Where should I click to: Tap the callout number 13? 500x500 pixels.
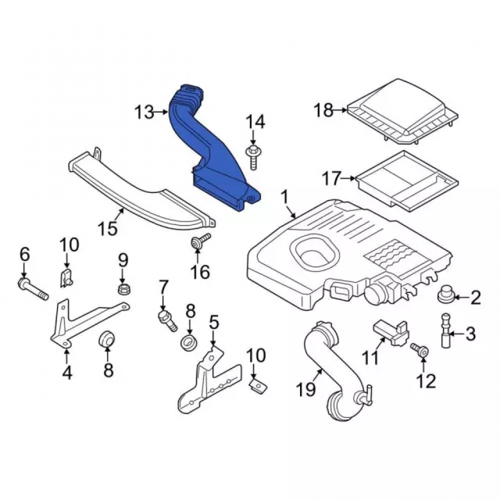pyautogui.click(x=144, y=112)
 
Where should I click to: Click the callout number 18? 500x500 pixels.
pyautogui.click(x=323, y=110)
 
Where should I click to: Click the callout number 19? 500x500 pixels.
pyautogui.click(x=306, y=389)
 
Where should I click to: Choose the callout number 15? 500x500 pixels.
pyautogui.click(x=108, y=228)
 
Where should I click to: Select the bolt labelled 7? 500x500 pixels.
pyautogui.click(x=167, y=321)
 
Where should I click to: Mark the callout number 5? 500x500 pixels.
pyautogui.click(x=214, y=322)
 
